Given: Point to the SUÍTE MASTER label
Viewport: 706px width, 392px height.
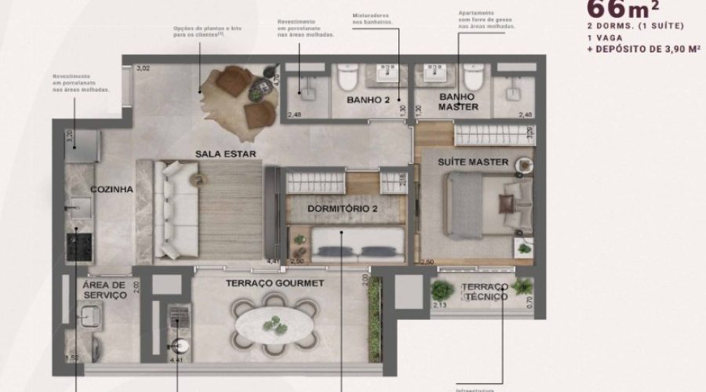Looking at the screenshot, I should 474,162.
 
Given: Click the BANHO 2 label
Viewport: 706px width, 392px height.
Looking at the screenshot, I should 368,100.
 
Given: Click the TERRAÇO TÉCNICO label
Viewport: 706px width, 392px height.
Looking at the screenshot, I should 485,291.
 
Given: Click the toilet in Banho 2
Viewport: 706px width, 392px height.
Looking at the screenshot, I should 348,78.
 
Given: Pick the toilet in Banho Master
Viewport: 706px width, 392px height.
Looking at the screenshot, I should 472,78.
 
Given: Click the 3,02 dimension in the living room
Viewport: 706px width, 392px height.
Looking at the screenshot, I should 143,69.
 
